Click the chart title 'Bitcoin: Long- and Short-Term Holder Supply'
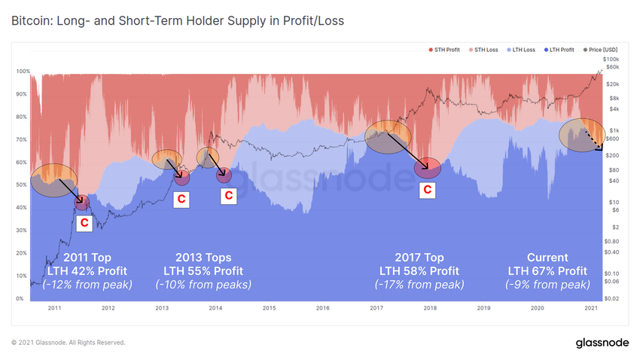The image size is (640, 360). tap(178, 20)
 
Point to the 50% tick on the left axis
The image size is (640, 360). tap(23, 185)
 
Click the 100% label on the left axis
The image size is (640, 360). tap(23, 72)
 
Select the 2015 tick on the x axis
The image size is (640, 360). tap(269, 308)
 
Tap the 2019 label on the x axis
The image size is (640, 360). tap(483, 308)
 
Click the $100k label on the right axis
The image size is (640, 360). tap(611, 59)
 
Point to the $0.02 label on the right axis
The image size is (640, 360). tap(611, 299)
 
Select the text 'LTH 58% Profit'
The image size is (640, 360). tap(419, 271)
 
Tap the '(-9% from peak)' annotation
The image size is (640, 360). tap(548, 285)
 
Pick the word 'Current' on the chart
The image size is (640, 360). tap(548, 258)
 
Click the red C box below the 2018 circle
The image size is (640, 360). tap(428, 190)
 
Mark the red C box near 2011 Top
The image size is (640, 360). tap(84, 223)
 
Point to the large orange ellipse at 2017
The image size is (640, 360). tap(387, 136)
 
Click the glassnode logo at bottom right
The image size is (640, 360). tap(603, 343)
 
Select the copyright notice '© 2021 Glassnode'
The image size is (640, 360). tap(69, 343)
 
